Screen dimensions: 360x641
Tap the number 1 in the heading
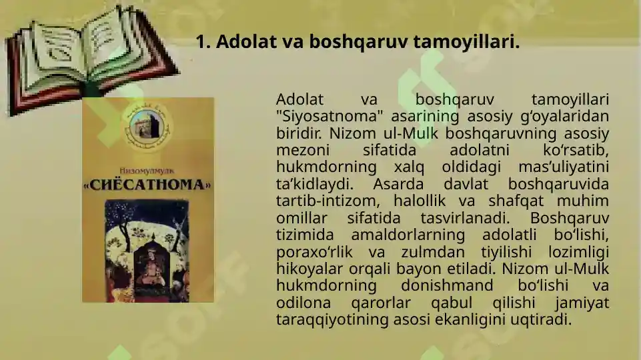point(201,42)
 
